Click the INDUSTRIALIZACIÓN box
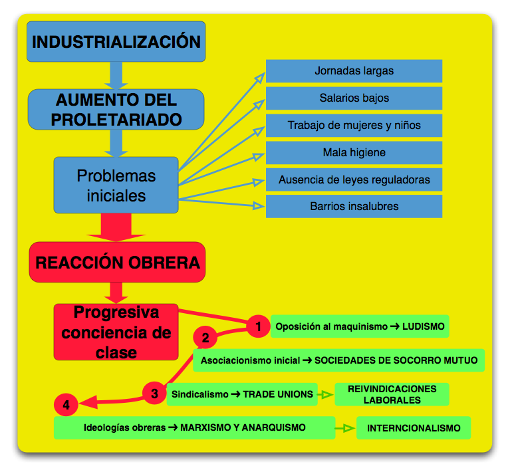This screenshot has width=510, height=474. [116, 42]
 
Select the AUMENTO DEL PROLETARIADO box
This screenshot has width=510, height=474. [116, 110]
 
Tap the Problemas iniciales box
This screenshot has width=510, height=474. [116, 185]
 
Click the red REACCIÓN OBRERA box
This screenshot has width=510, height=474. [117, 262]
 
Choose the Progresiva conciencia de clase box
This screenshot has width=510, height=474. [116, 332]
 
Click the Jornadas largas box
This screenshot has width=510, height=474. [354, 71]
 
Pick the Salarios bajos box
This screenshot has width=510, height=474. [354, 98]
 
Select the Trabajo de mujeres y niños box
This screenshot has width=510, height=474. [354, 125]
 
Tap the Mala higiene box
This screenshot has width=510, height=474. [354, 152]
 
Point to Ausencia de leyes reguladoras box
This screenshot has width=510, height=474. [354, 179]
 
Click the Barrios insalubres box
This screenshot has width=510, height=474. [354, 206]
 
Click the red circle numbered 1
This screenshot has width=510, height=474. [258, 326]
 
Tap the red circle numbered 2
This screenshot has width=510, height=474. [205, 338]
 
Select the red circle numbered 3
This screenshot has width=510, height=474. [154, 394]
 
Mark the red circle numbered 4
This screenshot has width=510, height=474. [66, 404]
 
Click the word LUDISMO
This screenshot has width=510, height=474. [424, 326]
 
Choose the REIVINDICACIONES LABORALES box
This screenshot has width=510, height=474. [392, 394]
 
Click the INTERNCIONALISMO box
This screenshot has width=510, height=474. [413, 428]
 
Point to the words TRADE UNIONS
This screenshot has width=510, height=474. [278, 394]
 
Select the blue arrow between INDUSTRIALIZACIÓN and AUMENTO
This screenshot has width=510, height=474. [117, 75]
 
